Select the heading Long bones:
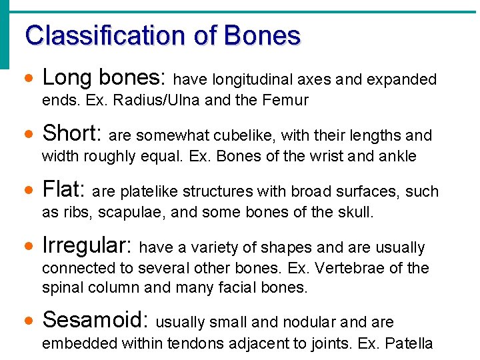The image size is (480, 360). [x=103, y=79]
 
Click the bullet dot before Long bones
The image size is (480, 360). [x=27, y=79]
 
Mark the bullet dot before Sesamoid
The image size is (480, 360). [x=27, y=321]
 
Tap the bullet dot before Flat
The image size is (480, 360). [x=27, y=191]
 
